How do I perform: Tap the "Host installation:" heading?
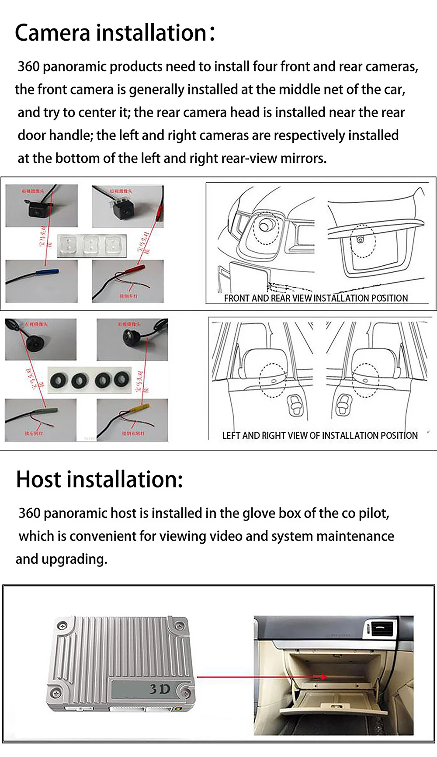click(99, 479)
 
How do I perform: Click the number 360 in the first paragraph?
click(28, 66)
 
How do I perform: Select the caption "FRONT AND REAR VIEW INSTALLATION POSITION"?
click(316, 298)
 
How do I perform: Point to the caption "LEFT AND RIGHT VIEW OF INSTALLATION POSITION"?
click(319, 435)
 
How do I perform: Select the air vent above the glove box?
click(382, 630)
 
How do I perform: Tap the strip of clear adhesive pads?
click(91, 245)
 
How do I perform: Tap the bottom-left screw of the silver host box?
click(55, 694)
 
